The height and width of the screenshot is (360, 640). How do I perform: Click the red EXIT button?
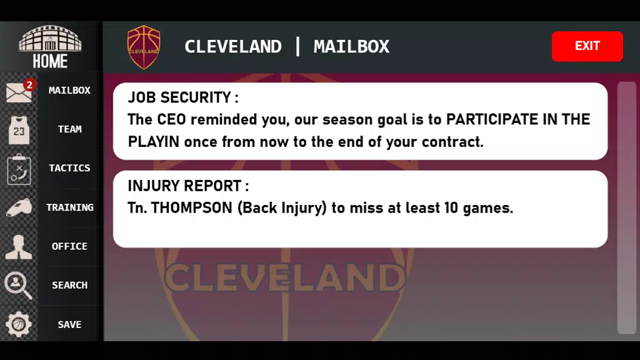coord(587,46)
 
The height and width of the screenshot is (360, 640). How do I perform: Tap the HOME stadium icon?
coord(50,39)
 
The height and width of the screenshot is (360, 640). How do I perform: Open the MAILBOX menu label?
coord(69,90)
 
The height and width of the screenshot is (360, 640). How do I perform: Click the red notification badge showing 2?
coord(29,85)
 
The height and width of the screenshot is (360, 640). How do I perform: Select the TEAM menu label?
coord(70,129)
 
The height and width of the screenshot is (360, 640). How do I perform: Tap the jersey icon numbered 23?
coord(19,130)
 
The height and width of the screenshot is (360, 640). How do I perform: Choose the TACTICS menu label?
coord(69,167)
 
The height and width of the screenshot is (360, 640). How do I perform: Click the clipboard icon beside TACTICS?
coord(19,169)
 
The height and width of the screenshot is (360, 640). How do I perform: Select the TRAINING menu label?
coord(70,207)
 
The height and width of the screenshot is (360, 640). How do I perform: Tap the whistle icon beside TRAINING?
coord(19,207)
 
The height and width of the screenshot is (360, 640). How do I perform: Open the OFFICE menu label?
coord(69,246)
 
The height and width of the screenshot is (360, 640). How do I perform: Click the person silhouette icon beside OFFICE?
coord(19,247)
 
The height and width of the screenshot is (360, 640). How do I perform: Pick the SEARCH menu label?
coord(70,285)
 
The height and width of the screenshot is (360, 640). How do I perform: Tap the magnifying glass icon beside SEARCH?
coord(18,285)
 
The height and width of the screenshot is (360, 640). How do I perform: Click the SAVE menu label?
coord(69,324)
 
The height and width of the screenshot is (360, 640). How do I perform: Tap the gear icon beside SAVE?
coord(18,324)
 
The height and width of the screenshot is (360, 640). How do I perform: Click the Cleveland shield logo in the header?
coord(144,47)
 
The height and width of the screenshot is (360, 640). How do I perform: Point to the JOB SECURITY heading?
coord(183,97)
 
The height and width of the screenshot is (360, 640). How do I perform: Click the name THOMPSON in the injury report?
coord(191,207)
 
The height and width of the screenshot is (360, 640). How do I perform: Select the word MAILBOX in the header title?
coord(351,46)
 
